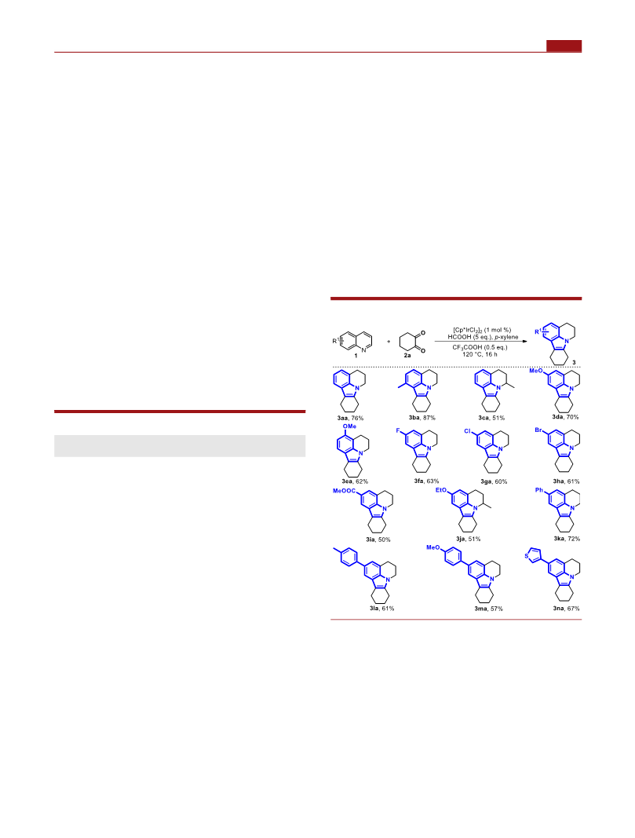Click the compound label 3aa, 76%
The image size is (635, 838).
pyautogui.click(x=350, y=418)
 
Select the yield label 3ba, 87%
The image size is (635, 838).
pyautogui.click(x=422, y=418)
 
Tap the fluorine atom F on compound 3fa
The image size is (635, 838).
pyautogui.click(x=405, y=430)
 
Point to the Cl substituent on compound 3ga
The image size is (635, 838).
pyautogui.click(x=467, y=430)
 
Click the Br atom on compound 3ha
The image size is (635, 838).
pyautogui.click(x=538, y=430)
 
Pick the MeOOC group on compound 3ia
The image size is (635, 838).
pyautogui.click(x=344, y=491)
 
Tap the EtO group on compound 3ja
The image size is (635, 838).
pyautogui.click(x=440, y=489)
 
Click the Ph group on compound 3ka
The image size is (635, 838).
pyautogui.click(x=539, y=489)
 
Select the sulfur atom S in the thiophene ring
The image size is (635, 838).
pyautogui.click(x=527, y=556)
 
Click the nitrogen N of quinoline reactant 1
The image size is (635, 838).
pyautogui.click(x=363, y=350)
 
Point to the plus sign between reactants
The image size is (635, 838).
pyautogui.click(x=389, y=342)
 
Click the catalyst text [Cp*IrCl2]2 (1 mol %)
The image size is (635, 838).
pyautogui.click(x=482, y=330)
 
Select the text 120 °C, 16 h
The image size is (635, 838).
pyautogui.click(x=480, y=354)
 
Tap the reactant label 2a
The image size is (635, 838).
pyautogui.click(x=407, y=356)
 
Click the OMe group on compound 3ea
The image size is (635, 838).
pyautogui.click(x=349, y=426)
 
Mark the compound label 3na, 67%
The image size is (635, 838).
pyautogui.click(x=566, y=608)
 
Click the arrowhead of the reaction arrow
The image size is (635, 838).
pyautogui.click(x=524, y=341)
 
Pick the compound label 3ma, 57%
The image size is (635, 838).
pyautogui.click(x=488, y=608)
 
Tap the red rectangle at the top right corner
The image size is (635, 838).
pyautogui.click(x=564, y=46)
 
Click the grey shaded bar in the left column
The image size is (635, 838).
pyautogui.click(x=180, y=446)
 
